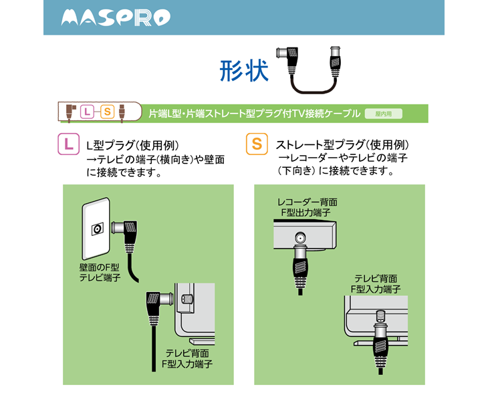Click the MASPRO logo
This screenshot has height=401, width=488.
click(115, 18)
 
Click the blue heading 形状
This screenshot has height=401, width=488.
click(244, 71)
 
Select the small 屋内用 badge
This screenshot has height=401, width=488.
click(383, 114)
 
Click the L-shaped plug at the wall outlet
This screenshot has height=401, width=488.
click(126, 232)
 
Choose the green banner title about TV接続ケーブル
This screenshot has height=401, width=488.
click(255, 114)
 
